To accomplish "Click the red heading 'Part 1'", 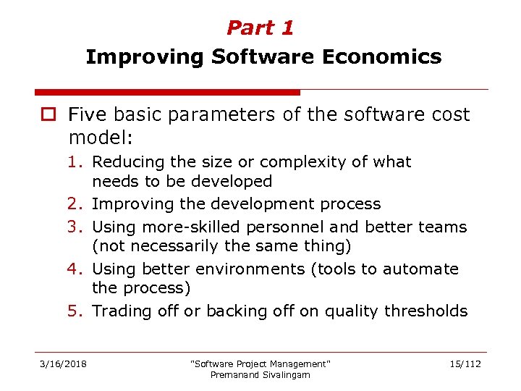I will [260, 28].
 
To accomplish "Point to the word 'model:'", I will [98, 137].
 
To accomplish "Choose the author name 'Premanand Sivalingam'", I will [260, 375].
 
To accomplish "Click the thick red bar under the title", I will [167, 93].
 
